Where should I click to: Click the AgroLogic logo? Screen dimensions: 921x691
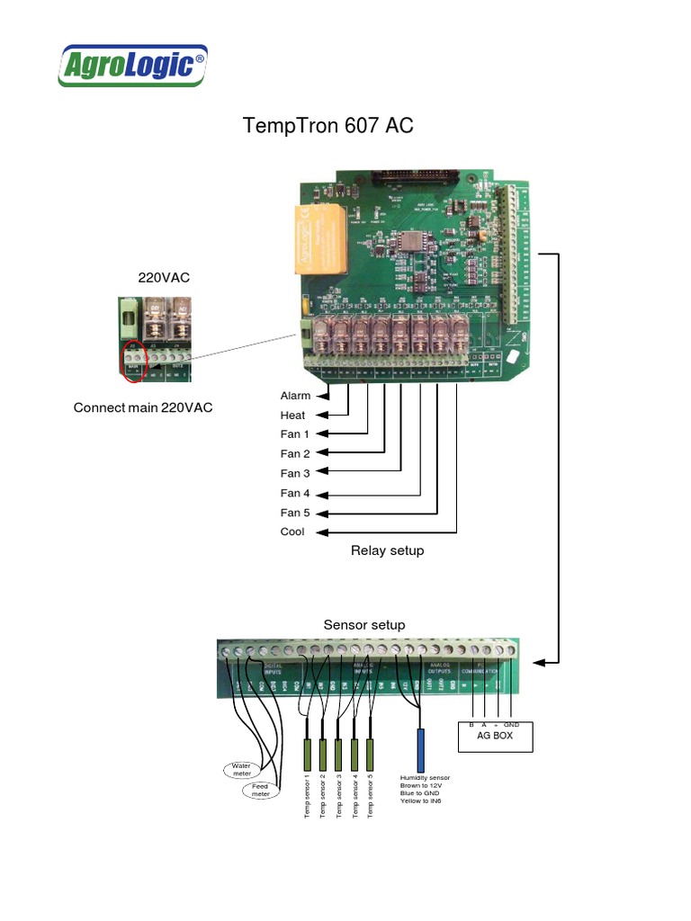click(133, 66)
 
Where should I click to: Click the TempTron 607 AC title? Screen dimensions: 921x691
click(328, 126)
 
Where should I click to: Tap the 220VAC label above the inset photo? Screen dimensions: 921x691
click(164, 278)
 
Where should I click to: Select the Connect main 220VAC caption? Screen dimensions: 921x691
click(143, 408)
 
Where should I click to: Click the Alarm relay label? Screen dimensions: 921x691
click(295, 396)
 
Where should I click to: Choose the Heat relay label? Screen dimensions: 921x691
click(293, 416)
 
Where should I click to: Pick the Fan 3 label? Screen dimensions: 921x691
click(295, 473)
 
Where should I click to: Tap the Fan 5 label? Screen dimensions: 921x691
click(295, 513)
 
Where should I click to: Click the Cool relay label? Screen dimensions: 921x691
click(293, 532)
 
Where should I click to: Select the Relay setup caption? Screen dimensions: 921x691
click(387, 550)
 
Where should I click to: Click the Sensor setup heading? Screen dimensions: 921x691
click(364, 624)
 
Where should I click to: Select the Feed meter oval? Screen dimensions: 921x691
click(260, 791)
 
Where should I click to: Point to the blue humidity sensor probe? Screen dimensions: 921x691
click(419, 747)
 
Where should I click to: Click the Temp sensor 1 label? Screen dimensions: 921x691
click(307, 795)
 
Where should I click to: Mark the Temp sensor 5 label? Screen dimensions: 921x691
click(371, 795)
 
